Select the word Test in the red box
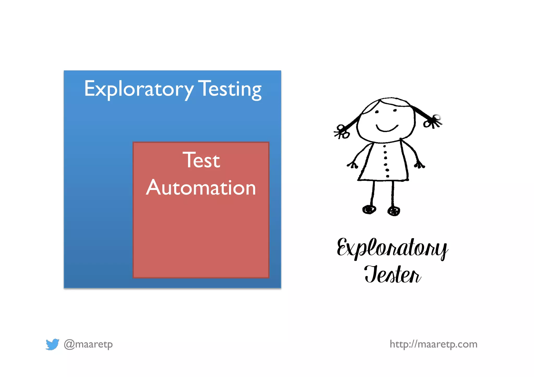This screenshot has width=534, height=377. coord(201,160)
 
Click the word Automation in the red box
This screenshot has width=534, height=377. coord(201,188)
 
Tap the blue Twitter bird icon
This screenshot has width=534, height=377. coord(52,344)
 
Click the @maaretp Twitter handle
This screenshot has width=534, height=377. coord(88,344)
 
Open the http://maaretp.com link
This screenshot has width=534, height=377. coord(433,344)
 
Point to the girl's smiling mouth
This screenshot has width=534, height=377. coord(387,128)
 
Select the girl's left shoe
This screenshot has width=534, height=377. coord(369,209)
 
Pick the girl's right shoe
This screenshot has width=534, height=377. coord(394,211)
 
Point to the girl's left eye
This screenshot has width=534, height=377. coord(377,112)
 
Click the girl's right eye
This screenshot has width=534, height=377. coord(395,110)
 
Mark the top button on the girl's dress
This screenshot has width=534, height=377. coord(384,146)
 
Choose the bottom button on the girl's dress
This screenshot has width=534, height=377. coord(388,176)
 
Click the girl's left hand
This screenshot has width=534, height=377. coord(353,165)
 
